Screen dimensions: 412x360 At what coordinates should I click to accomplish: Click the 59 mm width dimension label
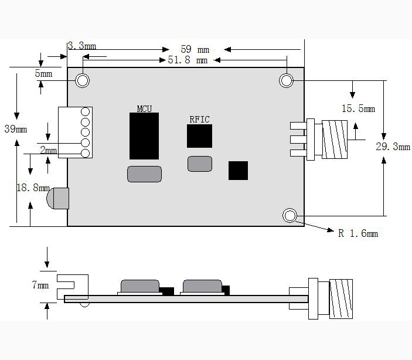[195, 49]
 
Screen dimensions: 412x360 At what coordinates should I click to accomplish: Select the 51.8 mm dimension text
[188, 60]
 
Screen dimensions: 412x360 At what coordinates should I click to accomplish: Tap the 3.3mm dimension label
[81, 46]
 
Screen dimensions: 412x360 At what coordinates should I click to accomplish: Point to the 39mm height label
[16, 129]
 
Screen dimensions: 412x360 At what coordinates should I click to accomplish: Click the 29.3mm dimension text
[393, 147]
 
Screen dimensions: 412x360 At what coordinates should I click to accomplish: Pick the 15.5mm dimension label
[358, 108]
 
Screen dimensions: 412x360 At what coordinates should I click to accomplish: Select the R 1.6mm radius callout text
[358, 233]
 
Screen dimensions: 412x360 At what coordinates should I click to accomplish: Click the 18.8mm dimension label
[33, 188]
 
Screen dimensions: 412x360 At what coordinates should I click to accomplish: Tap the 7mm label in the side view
[40, 285]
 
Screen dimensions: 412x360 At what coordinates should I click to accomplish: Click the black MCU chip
[144, 136]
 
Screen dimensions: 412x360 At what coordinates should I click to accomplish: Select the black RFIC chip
[199, 136]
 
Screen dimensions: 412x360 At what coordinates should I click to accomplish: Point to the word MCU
[144, 108]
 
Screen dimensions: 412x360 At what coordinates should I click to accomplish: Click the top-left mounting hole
[82, 80]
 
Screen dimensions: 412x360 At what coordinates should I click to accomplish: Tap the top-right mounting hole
[286, 80]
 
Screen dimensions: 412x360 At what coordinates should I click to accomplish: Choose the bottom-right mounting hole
[290, 216]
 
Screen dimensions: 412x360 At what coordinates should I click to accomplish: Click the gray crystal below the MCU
[144, 174]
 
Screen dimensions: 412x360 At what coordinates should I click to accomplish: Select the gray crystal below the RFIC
[200, 164]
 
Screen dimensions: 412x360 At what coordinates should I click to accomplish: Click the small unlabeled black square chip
[238, 171]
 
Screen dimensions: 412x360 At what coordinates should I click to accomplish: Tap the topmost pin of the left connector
[85, 112]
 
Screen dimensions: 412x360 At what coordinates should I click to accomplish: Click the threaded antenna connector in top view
[335, 140]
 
